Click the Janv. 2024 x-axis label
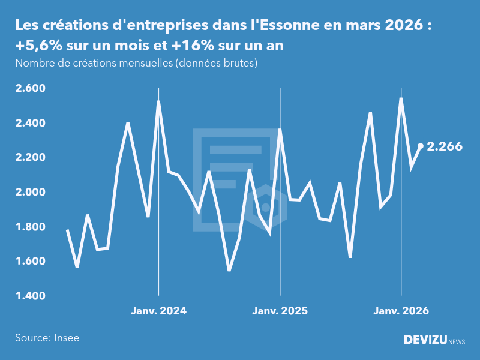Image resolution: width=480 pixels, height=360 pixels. coord(158,311)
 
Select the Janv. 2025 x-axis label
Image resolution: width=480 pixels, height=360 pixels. coord(280,311)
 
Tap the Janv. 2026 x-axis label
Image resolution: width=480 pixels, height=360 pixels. coord(401,311)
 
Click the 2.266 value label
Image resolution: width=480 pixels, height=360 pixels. coord(445,146)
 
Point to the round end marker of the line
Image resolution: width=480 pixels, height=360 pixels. coord(421,146)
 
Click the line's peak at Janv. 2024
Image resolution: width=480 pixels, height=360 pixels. coord(158,101)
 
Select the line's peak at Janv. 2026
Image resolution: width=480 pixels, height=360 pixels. coord(401,98)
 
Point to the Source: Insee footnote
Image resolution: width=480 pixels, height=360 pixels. coord(47,338)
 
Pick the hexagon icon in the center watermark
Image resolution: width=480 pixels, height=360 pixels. coord(266,206)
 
